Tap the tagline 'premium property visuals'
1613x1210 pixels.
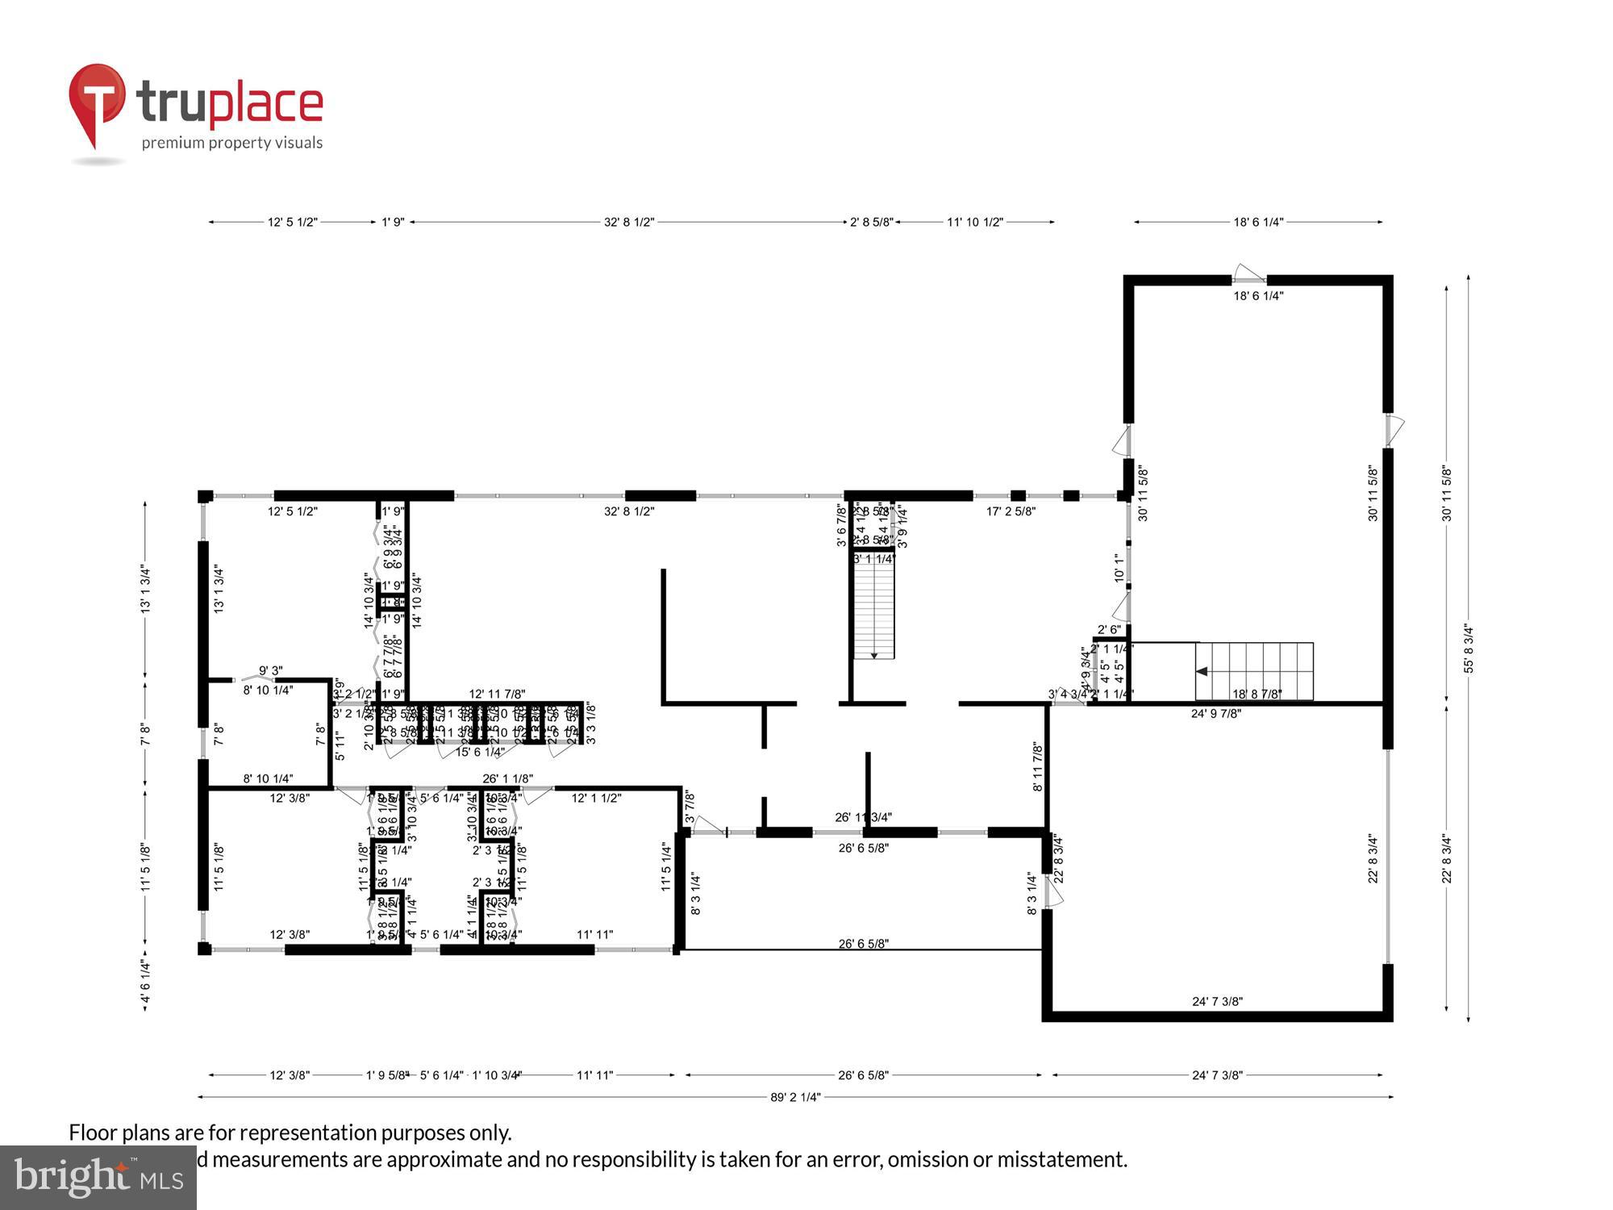[232, 144]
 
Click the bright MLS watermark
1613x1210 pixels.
[98, 1178]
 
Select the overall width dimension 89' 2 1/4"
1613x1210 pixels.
[794, 1097]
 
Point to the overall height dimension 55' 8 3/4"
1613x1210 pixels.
[1469, 649]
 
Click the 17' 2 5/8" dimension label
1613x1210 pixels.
[1011, 511]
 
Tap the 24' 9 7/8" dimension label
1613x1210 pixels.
[1216, 713]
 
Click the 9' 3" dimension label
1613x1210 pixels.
[270, 670]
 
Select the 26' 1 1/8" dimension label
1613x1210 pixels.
[507, 779]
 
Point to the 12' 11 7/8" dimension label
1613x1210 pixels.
[497, 694]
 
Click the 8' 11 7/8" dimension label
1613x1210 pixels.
[1037, 767]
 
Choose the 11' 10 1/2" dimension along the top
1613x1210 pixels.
[974, 222]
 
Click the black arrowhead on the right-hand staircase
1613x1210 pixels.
[1201, 671]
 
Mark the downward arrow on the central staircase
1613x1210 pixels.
[874, 654]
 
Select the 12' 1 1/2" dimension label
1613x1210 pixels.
[596, 799]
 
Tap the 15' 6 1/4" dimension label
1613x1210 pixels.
[480, 752]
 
